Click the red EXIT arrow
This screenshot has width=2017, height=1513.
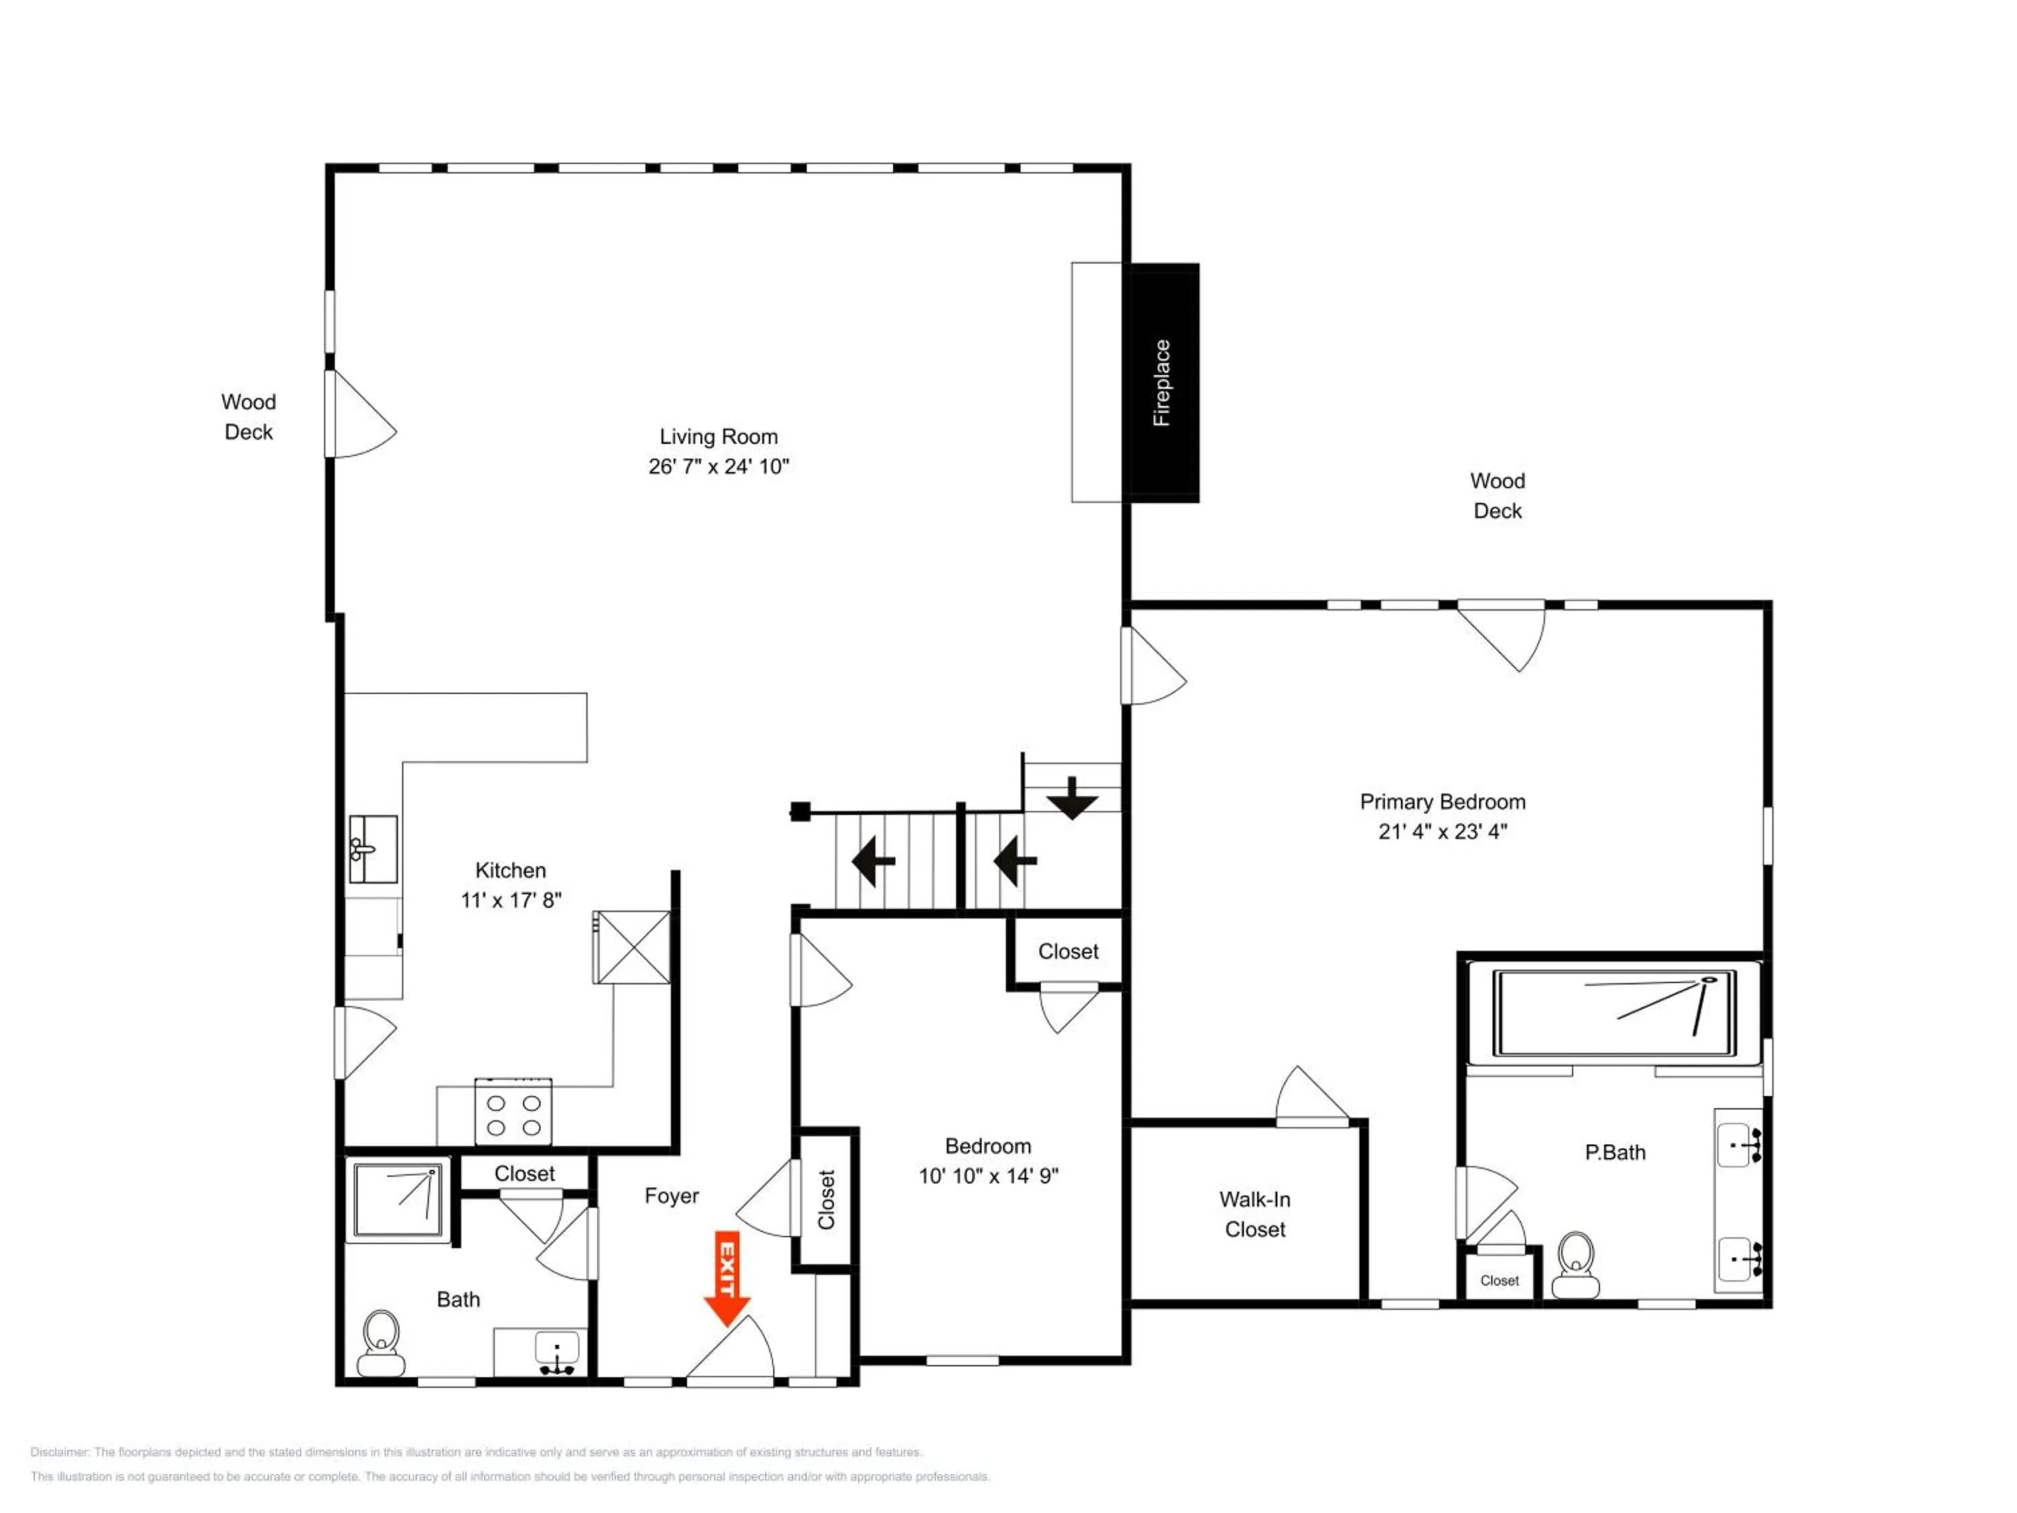[x=727, y=1280]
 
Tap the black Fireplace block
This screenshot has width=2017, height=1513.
[x=1164, y=383]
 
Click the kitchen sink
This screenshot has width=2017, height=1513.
[x=373, y=849]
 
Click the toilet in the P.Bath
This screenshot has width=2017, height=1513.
[x=1576, y=1265]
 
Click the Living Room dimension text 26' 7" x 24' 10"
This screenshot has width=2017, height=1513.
[x=719, y=467]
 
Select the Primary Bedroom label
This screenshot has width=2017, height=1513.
[x=1443, y=802]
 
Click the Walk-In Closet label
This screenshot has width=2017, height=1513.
[x=1255, y=1214]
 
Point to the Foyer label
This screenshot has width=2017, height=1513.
[x=672, y=1196]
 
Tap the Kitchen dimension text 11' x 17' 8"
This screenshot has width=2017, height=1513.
[x=510, y=900]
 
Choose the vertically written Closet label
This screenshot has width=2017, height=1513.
[x=826, y=1199]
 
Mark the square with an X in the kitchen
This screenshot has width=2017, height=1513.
[x=632, y=947]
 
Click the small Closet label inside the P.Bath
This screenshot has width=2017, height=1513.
[x=1500, y=1280]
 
